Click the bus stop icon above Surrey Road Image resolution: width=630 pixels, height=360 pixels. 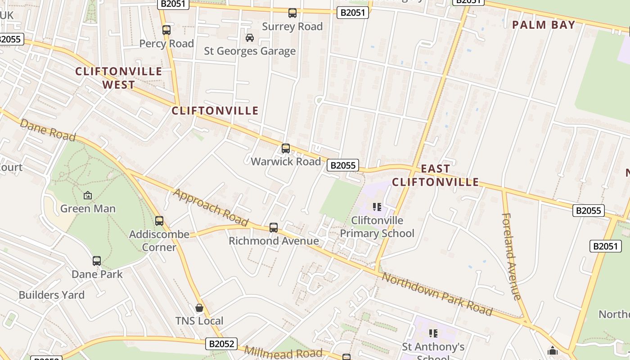coord(292,13)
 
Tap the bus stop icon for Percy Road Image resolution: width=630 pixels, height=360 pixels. coord(166,30)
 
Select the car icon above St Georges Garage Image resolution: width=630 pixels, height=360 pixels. coord(250,38)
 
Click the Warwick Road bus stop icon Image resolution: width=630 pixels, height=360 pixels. coord(286,148)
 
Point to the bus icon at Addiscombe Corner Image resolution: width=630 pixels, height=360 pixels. coord(159,221)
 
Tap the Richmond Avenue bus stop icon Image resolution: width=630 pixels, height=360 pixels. coord(274,228)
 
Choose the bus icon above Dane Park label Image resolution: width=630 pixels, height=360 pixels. coord(97,261)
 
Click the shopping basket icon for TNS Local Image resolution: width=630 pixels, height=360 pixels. coord(199,308)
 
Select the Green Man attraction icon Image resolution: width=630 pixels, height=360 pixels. coord(88,195)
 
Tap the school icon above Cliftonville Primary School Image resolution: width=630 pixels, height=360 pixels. coord(377,207)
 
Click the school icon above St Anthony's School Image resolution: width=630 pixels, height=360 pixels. coord(433,333)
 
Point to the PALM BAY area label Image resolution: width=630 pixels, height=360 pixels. coord(544,25)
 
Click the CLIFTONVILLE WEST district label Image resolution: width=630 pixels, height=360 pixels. coord(119,78)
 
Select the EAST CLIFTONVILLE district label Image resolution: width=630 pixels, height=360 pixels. coord(435,175)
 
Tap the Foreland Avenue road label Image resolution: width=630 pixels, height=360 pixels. coord(511,256)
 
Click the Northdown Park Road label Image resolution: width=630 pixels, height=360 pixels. coord(436,294)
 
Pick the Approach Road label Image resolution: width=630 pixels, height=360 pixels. coord(211,207)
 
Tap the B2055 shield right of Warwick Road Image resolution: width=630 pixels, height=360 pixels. coord(343,165)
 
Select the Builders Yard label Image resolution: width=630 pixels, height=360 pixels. coord(52,295)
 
